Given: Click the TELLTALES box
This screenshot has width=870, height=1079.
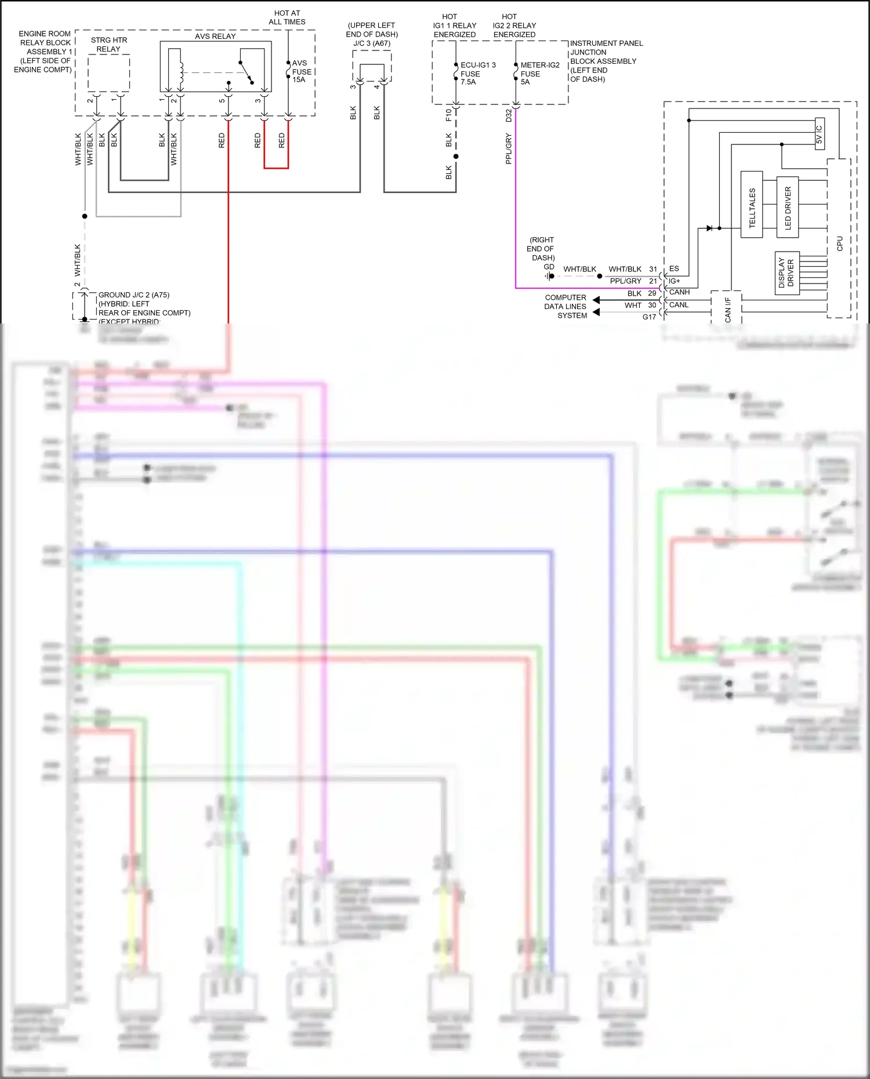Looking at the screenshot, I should point(752,204).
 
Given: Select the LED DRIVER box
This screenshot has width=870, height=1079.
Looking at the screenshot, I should point(787,207).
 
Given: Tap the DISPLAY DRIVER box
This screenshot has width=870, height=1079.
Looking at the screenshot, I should point(787,273).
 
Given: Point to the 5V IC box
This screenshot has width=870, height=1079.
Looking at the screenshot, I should point(820,134).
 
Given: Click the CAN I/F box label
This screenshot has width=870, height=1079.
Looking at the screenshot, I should point(727,308).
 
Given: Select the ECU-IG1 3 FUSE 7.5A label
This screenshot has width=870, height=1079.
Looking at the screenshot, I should point(477,74).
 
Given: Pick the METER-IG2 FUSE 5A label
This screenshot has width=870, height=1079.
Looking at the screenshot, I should point(539,74).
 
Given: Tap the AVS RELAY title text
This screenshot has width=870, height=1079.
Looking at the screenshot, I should point(215,36).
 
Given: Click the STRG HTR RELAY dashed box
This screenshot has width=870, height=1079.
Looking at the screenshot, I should point(108,72).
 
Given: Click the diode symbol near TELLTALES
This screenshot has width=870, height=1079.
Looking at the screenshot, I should point(709,228).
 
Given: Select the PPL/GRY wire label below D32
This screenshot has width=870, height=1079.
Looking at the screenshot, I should point(509,148).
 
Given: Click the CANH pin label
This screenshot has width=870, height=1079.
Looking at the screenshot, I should point(679,292).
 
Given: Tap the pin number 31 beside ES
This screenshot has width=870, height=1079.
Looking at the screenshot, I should point(653,269).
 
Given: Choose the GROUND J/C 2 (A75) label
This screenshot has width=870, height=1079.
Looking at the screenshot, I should point(134,295).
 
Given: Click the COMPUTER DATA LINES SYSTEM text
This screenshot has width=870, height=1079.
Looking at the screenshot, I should point(565,306).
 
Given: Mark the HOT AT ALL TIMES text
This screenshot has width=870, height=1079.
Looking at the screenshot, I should point(287,17).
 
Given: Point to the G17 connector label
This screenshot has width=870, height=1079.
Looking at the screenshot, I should point(649,317).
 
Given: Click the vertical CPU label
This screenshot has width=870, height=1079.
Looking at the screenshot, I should point(839,244).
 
